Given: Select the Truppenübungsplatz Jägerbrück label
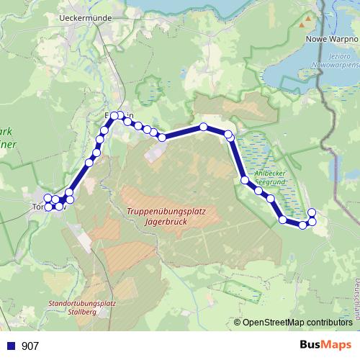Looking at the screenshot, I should (166, 217).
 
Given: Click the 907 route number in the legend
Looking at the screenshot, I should (30, 346).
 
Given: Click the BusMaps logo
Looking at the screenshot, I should (325, 346).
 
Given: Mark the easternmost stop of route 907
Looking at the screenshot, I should (312, 212).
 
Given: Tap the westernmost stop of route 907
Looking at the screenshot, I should (48, 199).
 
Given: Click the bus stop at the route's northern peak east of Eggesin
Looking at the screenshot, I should (204, 127).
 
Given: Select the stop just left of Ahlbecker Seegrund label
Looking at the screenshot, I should (245, 180).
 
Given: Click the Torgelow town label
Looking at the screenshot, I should (40, 207).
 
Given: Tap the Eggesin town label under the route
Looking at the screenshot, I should (120, 116).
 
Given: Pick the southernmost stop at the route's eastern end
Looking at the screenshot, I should (303, 225).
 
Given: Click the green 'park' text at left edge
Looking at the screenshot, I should (6, 132).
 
